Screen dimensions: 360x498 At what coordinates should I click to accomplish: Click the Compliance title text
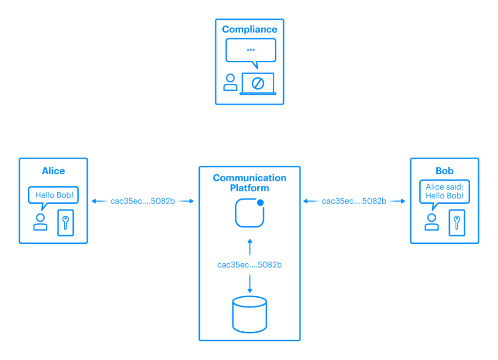(x=249, y=29)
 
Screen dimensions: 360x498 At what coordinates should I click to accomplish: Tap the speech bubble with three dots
(x=250, y=50)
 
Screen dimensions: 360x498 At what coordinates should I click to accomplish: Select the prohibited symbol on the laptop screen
(x=258, y=83)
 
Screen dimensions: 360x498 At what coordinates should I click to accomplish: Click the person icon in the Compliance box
(x=231, y=82)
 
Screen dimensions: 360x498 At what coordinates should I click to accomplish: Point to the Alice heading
(x=53, y=171)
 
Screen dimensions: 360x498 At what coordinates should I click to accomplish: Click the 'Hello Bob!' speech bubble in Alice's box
(x=53, y=195)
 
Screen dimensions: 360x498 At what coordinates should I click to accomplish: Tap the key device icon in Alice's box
(x=66, y=222)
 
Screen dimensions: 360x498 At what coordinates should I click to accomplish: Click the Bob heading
(x=445, y=171)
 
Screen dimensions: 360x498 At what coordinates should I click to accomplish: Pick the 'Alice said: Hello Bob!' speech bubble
(x=445, y=192)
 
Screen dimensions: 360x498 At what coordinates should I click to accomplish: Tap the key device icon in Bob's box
(x=457, y=222)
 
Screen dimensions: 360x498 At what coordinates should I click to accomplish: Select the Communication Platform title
(x=249, y=182)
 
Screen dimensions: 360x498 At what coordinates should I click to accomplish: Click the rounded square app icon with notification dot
(x=249, y=213)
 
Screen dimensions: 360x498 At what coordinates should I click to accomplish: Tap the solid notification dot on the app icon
(x=260, y=202)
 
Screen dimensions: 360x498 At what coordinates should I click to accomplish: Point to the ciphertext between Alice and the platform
(x=143, y=201)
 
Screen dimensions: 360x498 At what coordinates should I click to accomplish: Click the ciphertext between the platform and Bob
(x=354, y=201)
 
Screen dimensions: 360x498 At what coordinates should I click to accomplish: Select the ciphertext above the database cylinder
(x=249, y=265)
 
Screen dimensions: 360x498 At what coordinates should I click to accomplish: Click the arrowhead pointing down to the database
(x=249, y=290)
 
